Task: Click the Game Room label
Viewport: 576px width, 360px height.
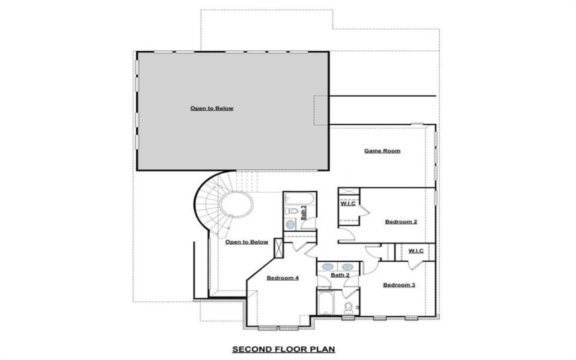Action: pyautogui.click(x=382, y=151)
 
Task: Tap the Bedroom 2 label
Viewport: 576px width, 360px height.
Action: pyautogui.click(x=400, y=222)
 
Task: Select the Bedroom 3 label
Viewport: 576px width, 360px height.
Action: pyautogui.click(x=398, y=285)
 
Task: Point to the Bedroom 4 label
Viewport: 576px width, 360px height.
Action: pyautogui.click(x=282, y=278)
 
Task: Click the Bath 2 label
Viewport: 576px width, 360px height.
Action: pyautogui.click(x=340, y=275)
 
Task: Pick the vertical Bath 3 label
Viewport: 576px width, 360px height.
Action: pyautogui.click(x=303, y=212)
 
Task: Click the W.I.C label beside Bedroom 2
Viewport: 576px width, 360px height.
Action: pyautogui.click(x=348, y=204)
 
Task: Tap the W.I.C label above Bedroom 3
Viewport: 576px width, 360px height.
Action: pyautogui.click(x=415, y=251)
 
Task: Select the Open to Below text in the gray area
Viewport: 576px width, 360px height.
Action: pyautogui.click(x=212, y=109)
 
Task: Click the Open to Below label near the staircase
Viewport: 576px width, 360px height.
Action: pyautogui.click(x=246, y=242)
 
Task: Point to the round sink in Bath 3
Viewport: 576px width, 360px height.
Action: pyautogui.click(x=291, y=225)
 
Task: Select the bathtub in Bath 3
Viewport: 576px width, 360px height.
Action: pyautogui.click(x=295, y=197)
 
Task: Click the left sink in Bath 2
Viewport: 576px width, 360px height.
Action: pyautogui.click(x=328, y=266)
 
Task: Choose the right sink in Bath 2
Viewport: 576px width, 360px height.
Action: pyautogui.click(x=349, y=266)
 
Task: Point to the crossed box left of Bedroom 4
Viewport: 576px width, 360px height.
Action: pyautogui.click(x=279, y=253)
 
